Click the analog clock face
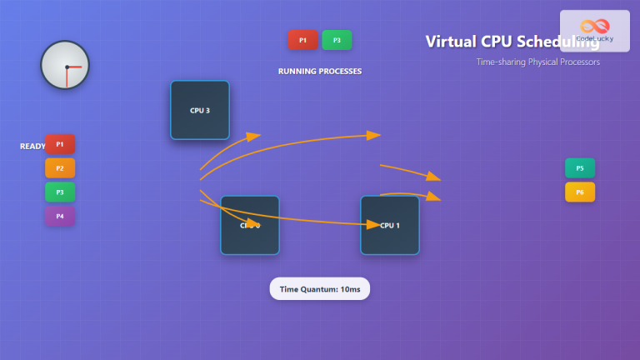point(65,65)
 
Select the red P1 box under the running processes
point(302,40)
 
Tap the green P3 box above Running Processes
point(337,40)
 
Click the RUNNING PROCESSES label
point(320,72)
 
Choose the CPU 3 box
point(200,110)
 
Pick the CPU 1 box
point(390,225)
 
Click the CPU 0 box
point(250,225)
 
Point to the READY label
point(32,147)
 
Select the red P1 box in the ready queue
point(60,144)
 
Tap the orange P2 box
point(60,168)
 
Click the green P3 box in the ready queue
point(60,192)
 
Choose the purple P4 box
point(60,217)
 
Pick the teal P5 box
point(580,168)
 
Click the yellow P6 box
point(580,192)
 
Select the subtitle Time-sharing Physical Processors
point(537,62)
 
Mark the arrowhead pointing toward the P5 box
point(433,177)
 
